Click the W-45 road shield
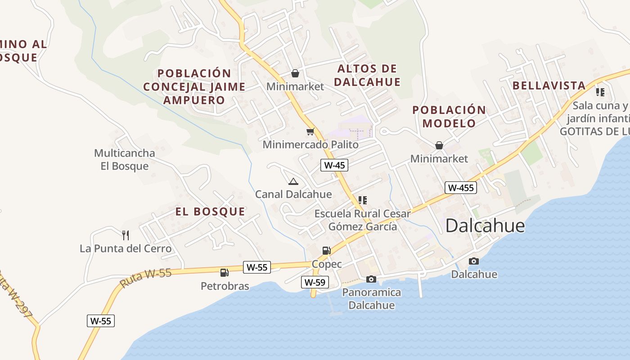(x=334, y=165)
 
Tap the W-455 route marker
(x=461, y=188)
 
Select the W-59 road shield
(x=315, y=283)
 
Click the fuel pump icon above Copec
(x=326, y=251)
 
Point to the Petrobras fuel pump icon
(x=224, y=272)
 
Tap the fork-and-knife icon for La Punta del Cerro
(x=126, y=235)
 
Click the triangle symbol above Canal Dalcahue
(x=293, y=181)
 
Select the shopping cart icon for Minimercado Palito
(x=310, y=131)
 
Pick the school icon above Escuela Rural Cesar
(x=363, y=200)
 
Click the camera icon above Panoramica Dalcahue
(x=371, y=279)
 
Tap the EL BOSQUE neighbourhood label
(x=210, y=211)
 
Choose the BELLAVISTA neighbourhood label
(x=549, y=85)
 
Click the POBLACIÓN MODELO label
(x=449, y=117)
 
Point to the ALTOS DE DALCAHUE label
(x=367, y=75)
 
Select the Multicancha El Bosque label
(x=124, y=160)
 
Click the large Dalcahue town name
(x=485, y=226)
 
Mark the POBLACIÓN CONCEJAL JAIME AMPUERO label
(x=194, y=86)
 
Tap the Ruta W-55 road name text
(x=146, y=278)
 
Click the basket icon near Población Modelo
(x=439, y=145)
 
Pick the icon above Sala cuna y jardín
(x=600, y=92)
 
